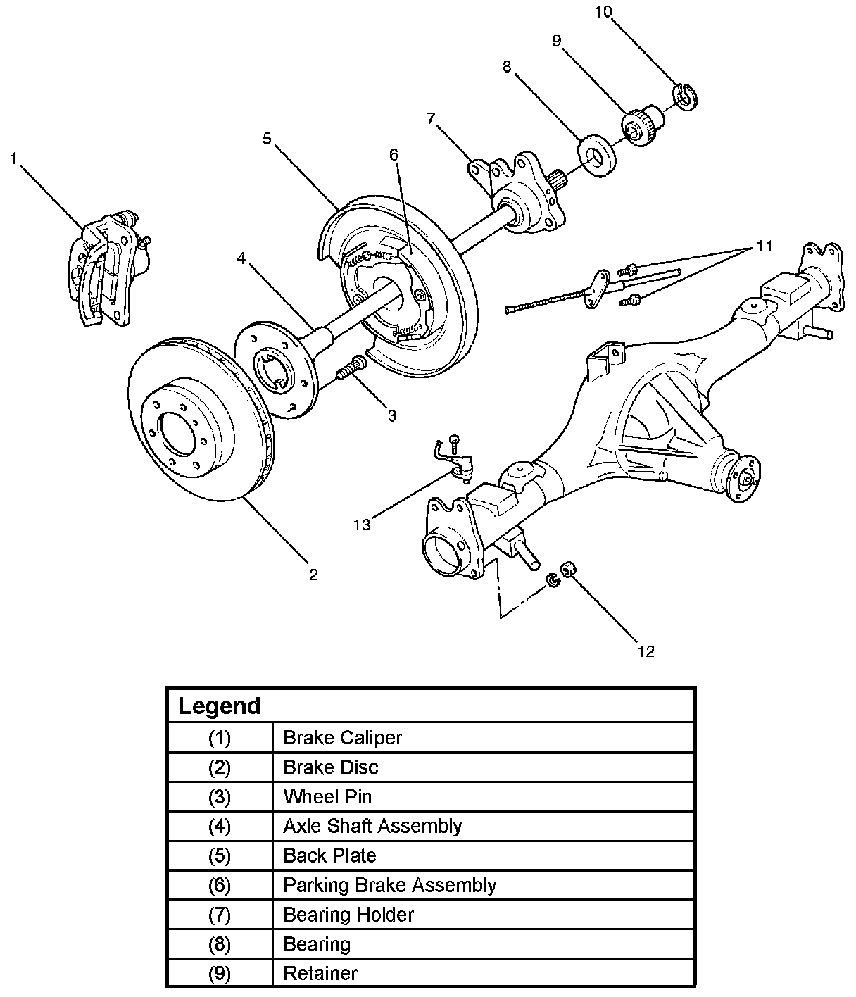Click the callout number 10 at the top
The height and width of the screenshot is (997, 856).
tap(603, 11)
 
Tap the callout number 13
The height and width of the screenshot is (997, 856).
tap(362, 525)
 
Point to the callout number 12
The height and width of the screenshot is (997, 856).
tap(646, 652)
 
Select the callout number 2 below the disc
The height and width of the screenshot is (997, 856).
tap(313, 575)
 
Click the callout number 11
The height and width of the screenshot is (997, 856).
tap(764, 246)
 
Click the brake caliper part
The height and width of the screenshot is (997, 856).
tap(108, 268)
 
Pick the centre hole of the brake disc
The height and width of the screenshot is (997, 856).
tap(177, 434)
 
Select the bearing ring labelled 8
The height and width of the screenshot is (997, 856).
tap(597, 156)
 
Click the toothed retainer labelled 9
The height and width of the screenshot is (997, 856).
tap(643, 125)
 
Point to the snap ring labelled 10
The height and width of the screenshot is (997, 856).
tap(685, 96)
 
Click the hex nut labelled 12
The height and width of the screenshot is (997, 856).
tap(569, 569)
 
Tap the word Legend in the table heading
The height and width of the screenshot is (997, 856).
tap(219, 706)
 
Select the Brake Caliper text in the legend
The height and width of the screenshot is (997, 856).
tap(342, 737)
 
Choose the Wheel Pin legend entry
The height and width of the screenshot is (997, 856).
tap(327, 797)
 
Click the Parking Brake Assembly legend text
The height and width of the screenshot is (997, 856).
tap(390, 885)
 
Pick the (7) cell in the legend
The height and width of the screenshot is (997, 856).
tap(220, 915)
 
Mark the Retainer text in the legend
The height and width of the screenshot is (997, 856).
tap(320, 973)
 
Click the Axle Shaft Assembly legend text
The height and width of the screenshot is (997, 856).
tap(372, 826)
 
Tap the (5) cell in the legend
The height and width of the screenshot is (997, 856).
tap(220, 855)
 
